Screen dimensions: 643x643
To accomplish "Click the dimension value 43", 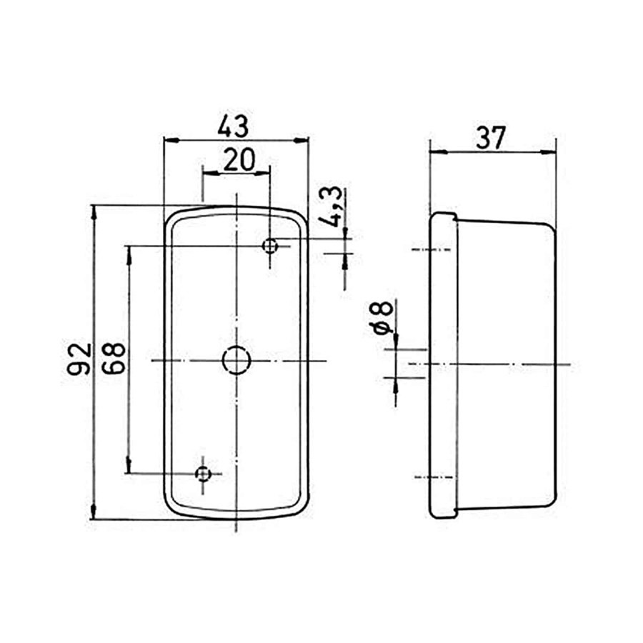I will [234, 126].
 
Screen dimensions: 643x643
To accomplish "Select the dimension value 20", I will [238, 159].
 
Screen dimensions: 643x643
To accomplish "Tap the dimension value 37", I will [491, 137].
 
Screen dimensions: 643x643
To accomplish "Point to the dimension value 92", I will [80, 359].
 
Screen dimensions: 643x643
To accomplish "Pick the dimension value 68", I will [114, 359].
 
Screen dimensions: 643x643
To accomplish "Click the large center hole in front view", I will [236, 359].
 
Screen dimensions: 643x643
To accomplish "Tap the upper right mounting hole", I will [270, 246].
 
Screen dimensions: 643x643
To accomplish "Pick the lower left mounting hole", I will [204, 473].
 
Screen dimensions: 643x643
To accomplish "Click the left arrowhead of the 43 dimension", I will [169, 141].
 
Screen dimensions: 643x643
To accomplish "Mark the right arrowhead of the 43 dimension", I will [303, 141].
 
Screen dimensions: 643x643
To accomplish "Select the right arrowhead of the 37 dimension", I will [550, 151].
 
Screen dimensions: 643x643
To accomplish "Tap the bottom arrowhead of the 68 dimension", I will [129, 468].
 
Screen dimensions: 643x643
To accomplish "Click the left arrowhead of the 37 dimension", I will [434, 151].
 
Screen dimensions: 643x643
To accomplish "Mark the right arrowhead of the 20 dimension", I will [265, 172].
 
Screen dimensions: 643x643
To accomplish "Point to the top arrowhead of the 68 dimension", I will [129, 251].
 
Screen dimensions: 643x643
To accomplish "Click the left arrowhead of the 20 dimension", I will [208, 172].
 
